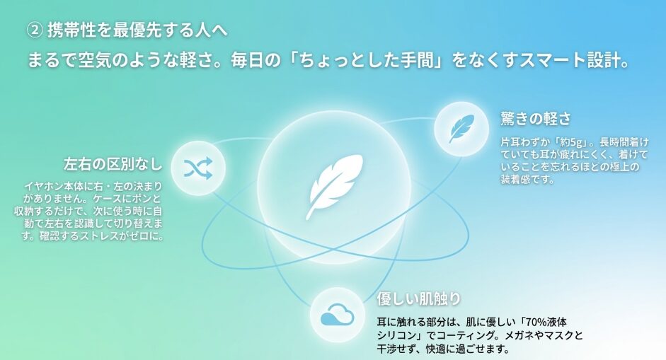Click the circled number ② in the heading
[x=35, y=30]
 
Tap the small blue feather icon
[x=461, y=128]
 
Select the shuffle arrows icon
[x=198, y=168]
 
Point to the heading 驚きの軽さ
[x=536, y=119]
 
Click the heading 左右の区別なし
[x=113, y=164]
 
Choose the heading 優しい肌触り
[x=419, y=298]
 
